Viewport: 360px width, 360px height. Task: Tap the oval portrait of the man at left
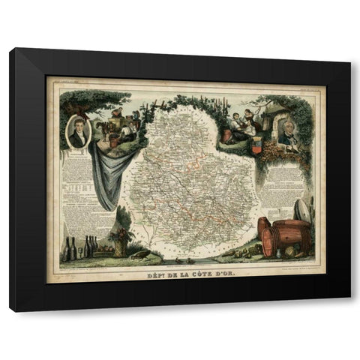(79, 131)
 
